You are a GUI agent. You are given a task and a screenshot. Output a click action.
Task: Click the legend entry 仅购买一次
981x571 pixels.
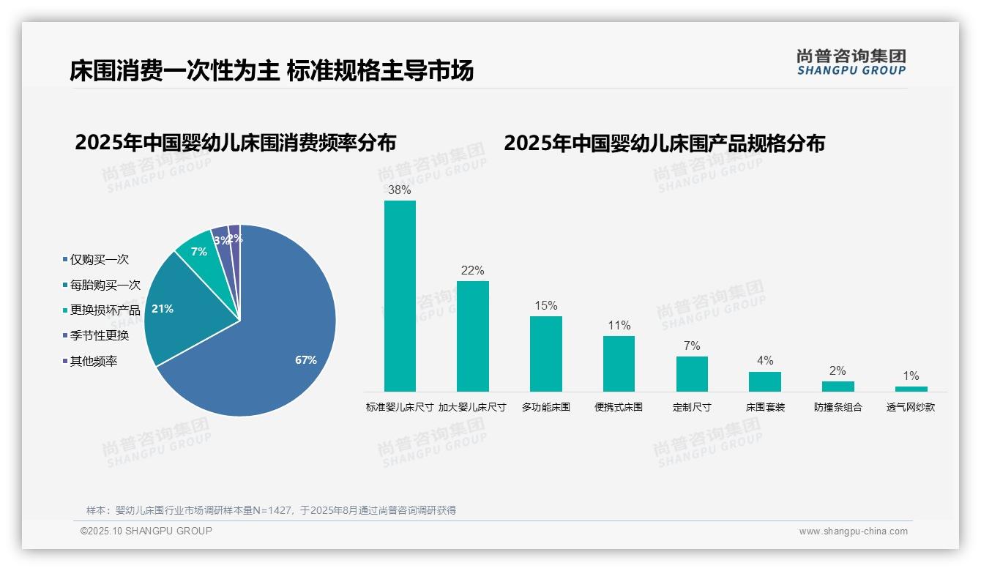(x=99, y=260)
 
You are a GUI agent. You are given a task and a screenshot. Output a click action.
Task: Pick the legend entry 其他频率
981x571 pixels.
(x=94, y=361)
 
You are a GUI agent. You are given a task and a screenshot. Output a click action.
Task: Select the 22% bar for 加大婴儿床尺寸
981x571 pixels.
(x=472, y=336)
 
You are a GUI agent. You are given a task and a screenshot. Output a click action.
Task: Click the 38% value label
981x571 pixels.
(x=400, y=190)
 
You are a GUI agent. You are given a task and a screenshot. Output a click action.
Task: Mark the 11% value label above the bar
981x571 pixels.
(x=619, y=326)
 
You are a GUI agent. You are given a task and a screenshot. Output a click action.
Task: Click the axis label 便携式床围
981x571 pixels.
(x=619, y=407)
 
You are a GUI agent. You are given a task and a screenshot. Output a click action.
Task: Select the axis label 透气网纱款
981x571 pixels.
(x=911, y=407)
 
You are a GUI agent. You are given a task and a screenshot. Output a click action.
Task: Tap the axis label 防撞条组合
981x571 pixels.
(x=838, y=407)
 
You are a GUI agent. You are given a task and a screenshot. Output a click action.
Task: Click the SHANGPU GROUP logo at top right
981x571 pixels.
(x=851, y=62)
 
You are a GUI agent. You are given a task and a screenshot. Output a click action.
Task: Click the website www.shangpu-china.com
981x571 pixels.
(x=853, y=531)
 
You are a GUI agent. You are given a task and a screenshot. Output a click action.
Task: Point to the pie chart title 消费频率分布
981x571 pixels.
(x=236, y=143)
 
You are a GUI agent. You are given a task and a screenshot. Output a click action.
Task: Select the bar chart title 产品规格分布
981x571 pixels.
(x=664, y=143)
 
